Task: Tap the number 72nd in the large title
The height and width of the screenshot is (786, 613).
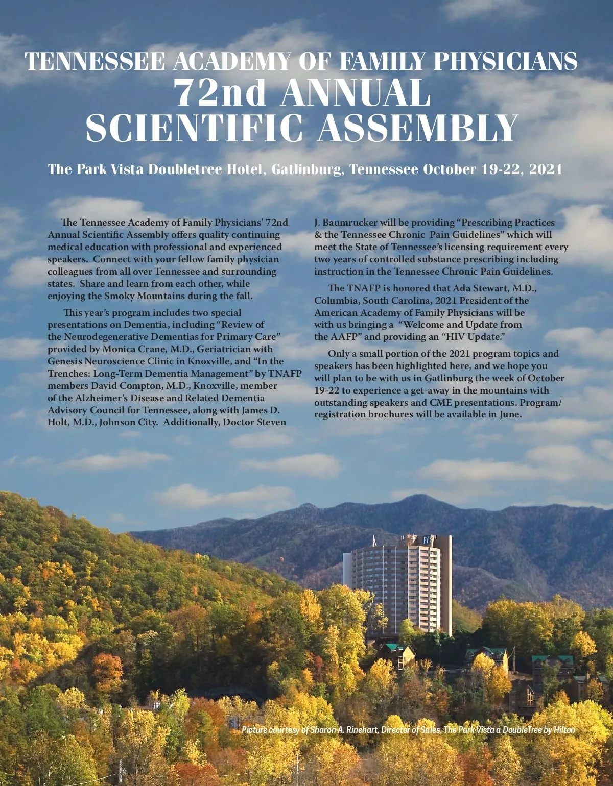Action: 221,93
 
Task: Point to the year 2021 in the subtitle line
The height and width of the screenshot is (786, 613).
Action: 546,169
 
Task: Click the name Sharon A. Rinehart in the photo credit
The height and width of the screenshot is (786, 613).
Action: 344,730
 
